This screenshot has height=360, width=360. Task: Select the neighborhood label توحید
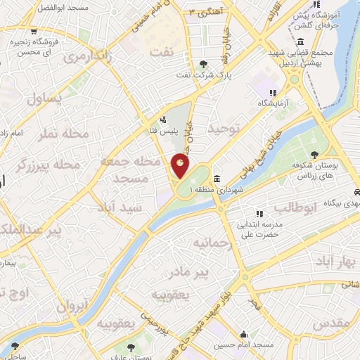pos(224,128)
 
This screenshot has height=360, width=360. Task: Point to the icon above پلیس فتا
pos(163,119)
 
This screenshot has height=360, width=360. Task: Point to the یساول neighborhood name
pos(44,100)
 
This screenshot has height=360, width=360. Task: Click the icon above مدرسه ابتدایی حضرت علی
pos(259,213)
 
